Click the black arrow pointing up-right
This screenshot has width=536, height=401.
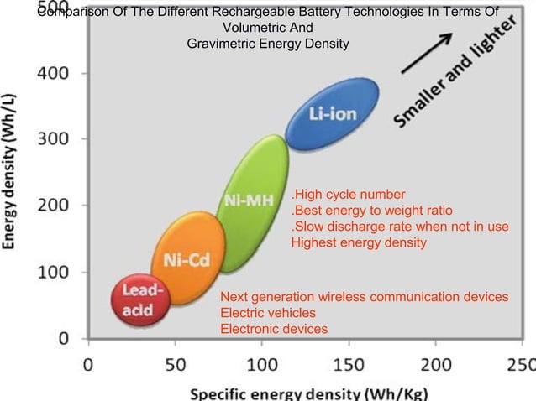pyautogui.click(x=427, y=55)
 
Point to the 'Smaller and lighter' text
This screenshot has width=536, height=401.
pyautogui.click(x=459, y=81)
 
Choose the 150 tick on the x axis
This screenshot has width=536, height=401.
pyautogui.click(x=349, y=366)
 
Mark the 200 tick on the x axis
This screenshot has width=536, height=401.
pyautogui.click(x=435, y=366)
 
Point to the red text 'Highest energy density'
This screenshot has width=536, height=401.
pyautogui.click(x=359, y=242)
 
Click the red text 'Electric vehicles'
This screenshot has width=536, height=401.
pyautogui.click(x=268, y=313)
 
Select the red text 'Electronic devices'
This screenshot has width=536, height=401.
pyautogui.click(x=273, y=329)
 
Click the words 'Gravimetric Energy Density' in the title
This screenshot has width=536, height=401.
pyautogui.click(x=268, y=43)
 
